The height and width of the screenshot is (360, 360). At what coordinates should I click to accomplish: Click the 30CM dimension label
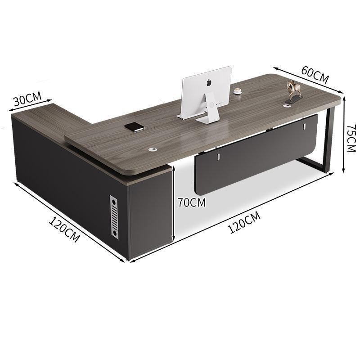click(27, 98)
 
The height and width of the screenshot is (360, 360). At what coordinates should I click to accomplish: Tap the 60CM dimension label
click(315, 74)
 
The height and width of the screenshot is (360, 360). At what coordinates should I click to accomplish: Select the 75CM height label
click(351, 138)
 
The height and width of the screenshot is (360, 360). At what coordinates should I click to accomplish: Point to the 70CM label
click(192, 202)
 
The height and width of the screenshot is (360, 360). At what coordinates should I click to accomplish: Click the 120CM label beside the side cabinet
click(64, 230)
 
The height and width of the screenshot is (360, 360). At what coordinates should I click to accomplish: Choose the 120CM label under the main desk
click(244, 222)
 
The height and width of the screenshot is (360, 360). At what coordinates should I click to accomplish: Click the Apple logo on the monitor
click(208, 82)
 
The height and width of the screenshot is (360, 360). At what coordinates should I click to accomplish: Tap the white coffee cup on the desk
click(238, 91)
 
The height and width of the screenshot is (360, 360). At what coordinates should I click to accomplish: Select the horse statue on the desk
click(293, 91)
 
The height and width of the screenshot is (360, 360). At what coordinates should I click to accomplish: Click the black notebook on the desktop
click(135, 127)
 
